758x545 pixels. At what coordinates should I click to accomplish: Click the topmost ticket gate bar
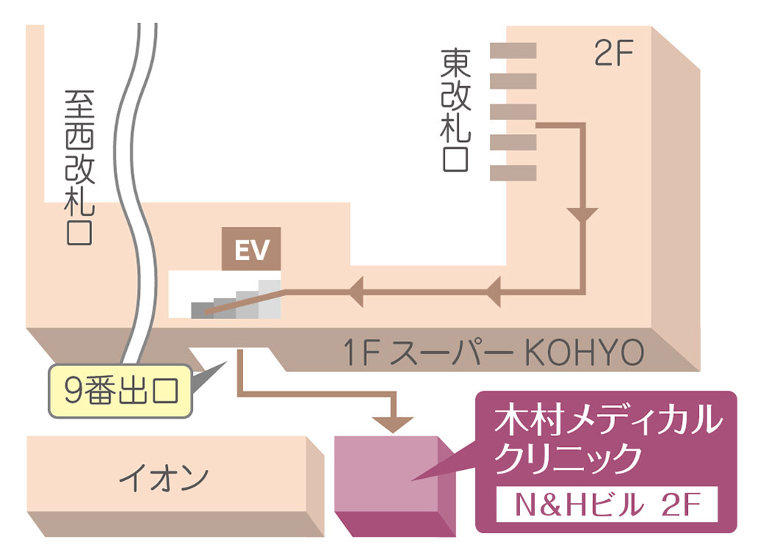(513, 50)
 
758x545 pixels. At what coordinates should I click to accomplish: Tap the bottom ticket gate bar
(513, 173)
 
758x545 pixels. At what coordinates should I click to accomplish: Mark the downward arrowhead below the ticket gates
(583, 215)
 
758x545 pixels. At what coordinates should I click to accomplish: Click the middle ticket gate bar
(513, 111)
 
